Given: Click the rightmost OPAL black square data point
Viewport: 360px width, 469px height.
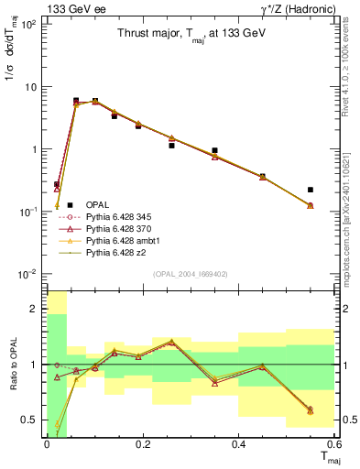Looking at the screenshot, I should pos(311,190).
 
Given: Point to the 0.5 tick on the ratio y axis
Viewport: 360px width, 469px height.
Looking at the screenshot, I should pos(30,420).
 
